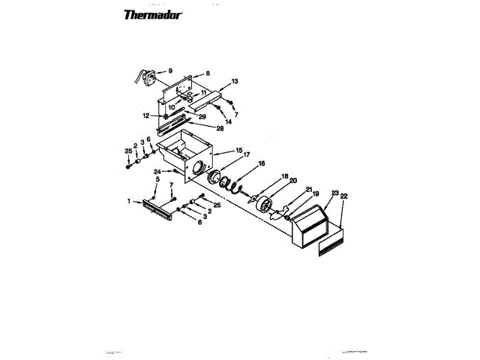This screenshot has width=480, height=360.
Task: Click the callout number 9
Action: coord(170,71)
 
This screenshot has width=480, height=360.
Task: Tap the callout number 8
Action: coord(208,73)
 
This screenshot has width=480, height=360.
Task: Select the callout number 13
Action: coord(235,80)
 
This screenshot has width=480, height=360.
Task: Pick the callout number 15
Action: coord(238,151)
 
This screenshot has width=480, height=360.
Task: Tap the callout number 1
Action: coord(128,201)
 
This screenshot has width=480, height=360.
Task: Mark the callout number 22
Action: coord(345,196)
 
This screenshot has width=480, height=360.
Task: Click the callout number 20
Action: coord(293,181)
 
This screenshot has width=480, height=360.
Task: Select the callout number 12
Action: coord(146,115)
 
